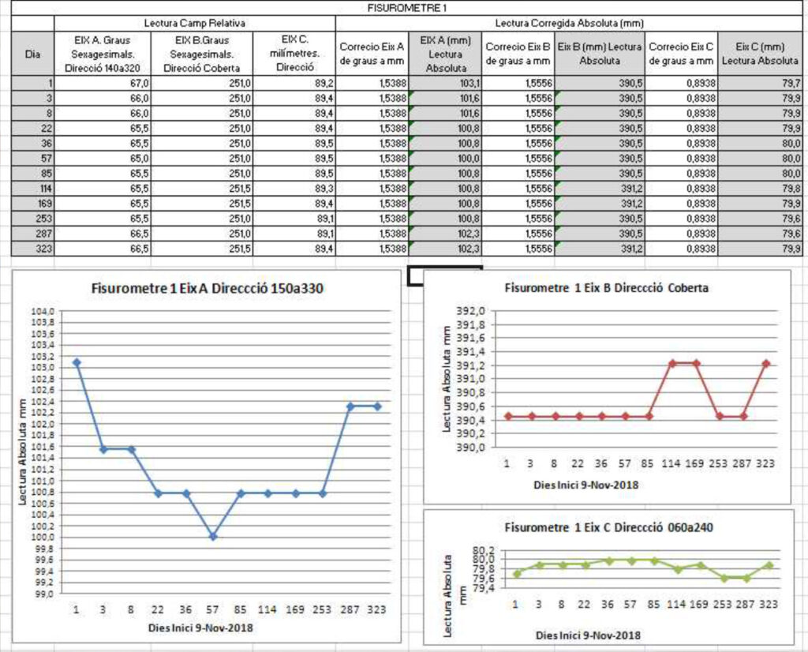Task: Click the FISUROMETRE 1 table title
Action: (402, 7)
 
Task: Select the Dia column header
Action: (33, 55)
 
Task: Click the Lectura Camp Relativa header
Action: (193, 24)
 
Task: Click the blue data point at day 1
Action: (77, 362)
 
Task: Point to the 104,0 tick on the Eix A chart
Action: (43, 311)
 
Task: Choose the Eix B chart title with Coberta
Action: (606, 288)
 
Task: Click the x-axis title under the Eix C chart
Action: (588, 635)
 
